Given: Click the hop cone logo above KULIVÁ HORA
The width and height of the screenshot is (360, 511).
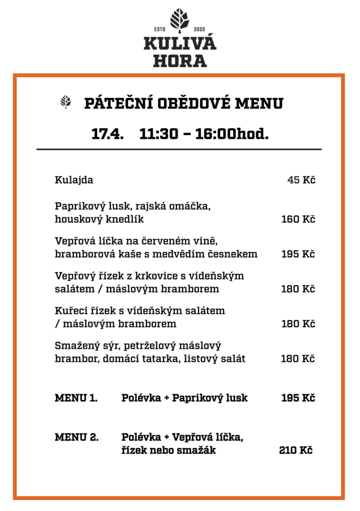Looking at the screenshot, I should point(180,19).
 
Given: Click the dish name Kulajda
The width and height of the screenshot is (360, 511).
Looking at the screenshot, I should point(74,180).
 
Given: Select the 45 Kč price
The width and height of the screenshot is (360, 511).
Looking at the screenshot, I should point(301,180).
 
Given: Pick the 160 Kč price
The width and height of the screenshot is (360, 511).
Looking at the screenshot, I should point(298,219).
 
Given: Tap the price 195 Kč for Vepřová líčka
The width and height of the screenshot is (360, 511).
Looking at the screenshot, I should point(298,254).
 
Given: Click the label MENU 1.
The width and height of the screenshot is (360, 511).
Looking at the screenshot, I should point(75,398).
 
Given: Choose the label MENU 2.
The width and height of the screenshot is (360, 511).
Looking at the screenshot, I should point(76,438).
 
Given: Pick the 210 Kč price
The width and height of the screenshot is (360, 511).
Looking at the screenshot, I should point(296,451).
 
